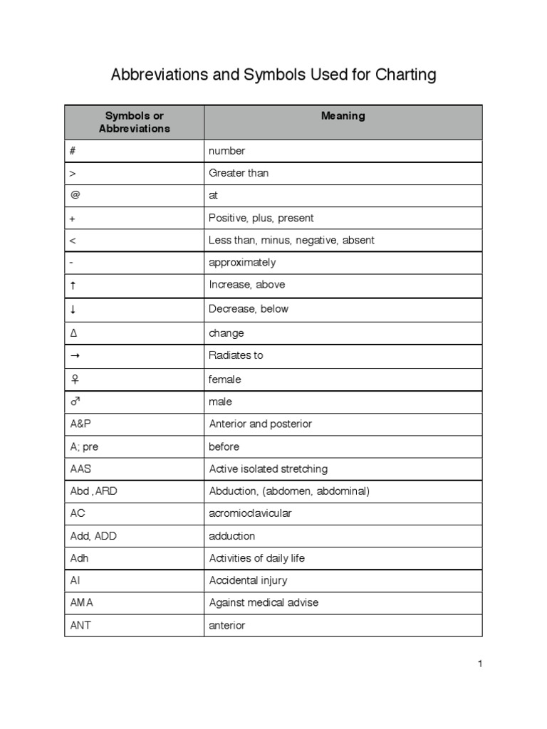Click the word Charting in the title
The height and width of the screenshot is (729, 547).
[400, 75]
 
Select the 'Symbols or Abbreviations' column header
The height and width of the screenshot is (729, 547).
[135, 122]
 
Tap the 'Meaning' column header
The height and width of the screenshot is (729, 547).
[343, 116]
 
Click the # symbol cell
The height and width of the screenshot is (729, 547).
[73, 151]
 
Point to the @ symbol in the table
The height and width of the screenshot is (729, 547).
[73, 195]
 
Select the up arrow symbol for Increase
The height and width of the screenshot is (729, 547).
[73, 285]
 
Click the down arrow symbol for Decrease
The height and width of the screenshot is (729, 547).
[73, 309]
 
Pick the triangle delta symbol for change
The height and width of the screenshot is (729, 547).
[73, 333]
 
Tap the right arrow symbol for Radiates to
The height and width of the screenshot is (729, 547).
[74, 355]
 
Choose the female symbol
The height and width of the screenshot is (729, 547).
[73, 379]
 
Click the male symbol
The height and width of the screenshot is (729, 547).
[75, 402]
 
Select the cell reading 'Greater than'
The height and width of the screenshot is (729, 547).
[239, 173]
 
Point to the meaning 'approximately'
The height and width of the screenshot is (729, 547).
[242, 263]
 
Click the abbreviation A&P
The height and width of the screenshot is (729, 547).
[81, 424]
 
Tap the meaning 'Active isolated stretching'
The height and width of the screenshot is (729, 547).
[269, 469]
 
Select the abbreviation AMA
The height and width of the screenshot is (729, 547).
[82, 603]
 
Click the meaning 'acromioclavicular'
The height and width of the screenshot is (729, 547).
[250, 513]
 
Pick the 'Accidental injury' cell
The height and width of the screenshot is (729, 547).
[248, 581]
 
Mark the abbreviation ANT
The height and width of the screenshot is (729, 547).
[80, 626]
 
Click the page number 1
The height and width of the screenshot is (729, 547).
[480, 664]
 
